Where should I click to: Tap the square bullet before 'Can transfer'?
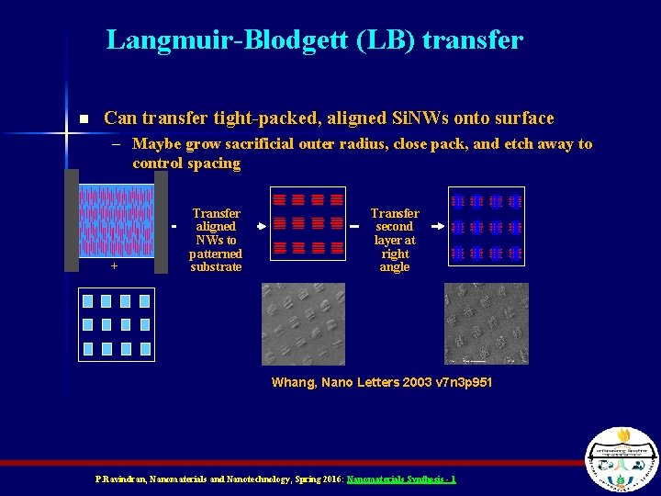click(x=84, y=119)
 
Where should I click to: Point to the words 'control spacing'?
click(x=186, y=163)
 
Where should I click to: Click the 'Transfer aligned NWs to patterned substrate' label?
click(x=216, y=240)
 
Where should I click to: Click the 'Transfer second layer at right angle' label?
click(x=395, y=240)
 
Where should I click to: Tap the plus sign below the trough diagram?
click(x=115, y=265)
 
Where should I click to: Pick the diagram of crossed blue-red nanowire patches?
click(x=487, y=226)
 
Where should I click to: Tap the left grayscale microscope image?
click(x=303, y=323)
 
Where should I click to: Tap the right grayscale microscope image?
click(x=486, y=323)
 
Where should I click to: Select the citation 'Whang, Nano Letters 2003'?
click(x=382, y=382)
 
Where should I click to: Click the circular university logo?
click(x=622, y=458)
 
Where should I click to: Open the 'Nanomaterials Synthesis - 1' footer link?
click(x=401, y=479)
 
